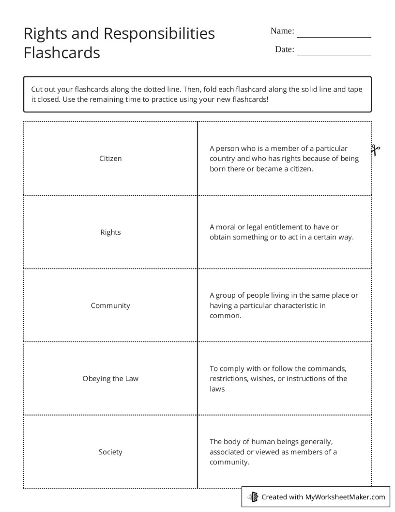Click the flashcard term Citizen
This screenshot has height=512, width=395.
click(x=110, y=159)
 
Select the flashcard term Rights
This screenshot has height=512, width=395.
click(x=110, y=232)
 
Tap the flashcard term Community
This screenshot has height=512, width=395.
click(x=110, y=305)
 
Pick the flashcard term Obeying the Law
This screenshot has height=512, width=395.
click(x=110, y=379)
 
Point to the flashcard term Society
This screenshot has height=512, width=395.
click(x=110, y=452)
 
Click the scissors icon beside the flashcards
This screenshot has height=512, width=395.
click(x=376, y=150)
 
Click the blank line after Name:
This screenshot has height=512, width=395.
click(x=334, y=34)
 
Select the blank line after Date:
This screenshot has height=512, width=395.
click(x=334, y=52)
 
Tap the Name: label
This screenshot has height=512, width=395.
click(x=282, y=31)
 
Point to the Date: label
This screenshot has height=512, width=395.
click(x=284, y=49)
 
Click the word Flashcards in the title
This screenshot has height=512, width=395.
click(x=61, y=52)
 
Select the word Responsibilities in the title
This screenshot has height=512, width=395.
click(x=159, y=33)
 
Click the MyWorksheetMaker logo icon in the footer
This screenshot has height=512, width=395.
click(x=253, y=496)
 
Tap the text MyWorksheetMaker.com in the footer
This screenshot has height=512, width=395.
click(x=345, y=496)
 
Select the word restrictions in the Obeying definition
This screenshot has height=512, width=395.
click(x=228, y=379)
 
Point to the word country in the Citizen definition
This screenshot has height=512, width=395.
click(x=222, y=159)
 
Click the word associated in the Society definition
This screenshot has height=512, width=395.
click(x=228, y=452)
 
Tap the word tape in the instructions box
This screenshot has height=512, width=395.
click(x=354, y=89)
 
